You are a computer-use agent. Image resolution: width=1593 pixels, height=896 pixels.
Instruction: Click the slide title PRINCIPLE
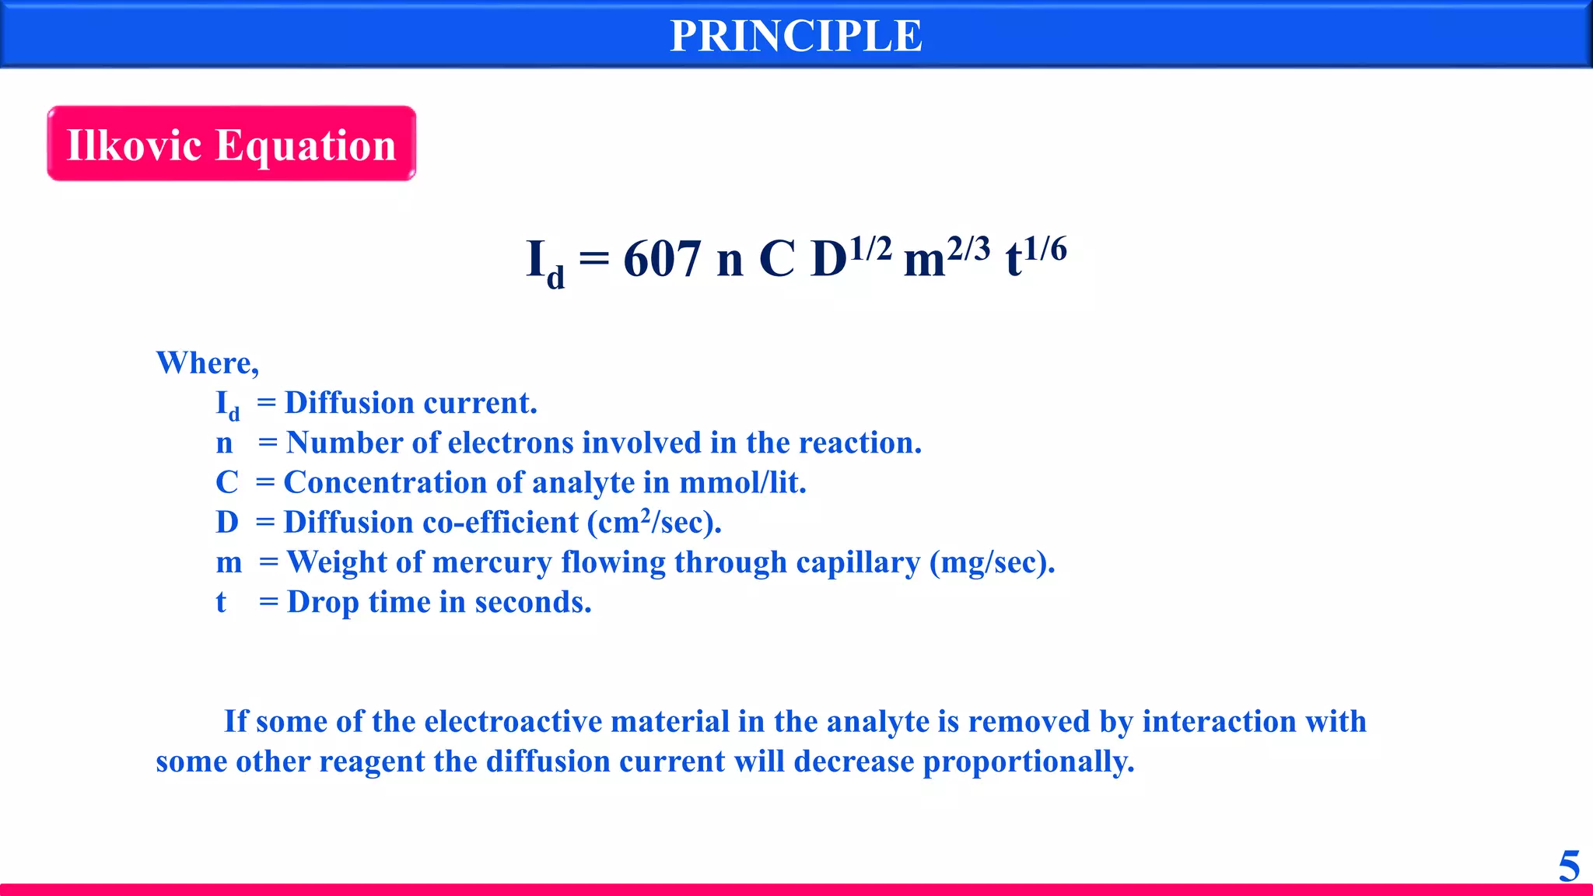click(796, 36)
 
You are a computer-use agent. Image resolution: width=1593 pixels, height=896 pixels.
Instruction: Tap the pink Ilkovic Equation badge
click(231, 144)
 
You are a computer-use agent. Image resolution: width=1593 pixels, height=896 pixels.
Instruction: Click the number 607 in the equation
click(662, 259)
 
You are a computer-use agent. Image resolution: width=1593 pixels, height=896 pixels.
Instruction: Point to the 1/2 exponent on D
click(870, 249)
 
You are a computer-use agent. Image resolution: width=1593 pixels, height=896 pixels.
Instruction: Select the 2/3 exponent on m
click(968, 249)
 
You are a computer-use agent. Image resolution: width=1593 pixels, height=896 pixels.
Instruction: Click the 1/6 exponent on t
click(1045, 249)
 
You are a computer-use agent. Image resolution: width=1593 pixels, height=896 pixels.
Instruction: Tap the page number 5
click(1569, 866)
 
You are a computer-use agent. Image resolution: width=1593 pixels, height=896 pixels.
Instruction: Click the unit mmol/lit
click(742, 482)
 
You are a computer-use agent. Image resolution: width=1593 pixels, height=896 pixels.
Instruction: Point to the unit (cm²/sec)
click(653, 522)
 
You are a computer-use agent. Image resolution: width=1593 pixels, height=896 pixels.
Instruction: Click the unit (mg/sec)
click(992, 562)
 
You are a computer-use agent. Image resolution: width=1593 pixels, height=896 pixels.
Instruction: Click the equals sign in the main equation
click(594, 259)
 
